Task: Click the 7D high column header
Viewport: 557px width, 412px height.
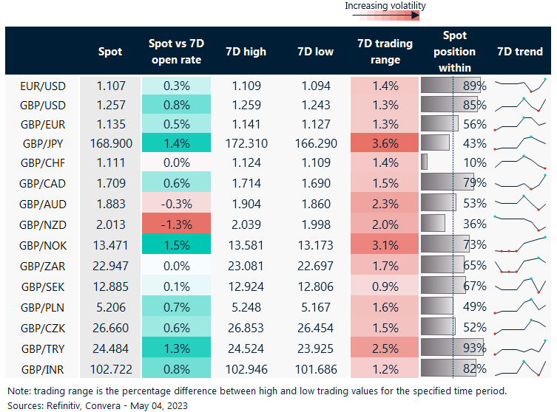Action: point(246,52)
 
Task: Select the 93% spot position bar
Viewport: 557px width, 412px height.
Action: point(451,348)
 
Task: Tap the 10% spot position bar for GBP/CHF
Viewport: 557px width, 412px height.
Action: point(425,162)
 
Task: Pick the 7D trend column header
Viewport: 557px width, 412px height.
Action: point(520,52)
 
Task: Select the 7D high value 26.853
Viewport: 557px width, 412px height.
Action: point(246,327)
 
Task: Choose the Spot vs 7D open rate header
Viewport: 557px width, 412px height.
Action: point(175,52)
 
